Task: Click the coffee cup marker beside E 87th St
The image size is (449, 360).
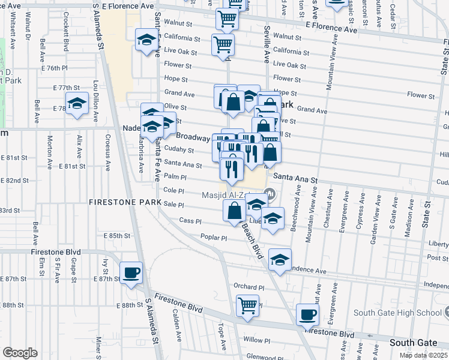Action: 131,273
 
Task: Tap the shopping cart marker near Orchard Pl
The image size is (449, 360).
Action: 247,305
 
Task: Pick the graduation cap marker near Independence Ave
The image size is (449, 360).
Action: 280,259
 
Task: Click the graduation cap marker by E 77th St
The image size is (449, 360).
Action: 77,103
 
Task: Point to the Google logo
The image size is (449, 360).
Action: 20,353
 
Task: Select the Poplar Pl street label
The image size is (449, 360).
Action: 214,238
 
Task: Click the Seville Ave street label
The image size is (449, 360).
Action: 267,44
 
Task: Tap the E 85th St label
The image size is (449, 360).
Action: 118,236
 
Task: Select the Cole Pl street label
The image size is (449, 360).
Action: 173,191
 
